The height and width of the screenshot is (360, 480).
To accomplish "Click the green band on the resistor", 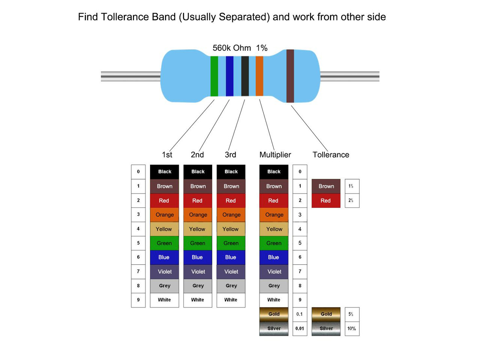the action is (x=214, y=76).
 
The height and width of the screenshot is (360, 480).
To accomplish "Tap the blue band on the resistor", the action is (x=229, y=76).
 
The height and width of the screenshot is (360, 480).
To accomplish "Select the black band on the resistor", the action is (x=245, y=76).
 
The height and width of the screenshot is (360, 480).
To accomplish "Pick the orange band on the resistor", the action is (x=259, y=76).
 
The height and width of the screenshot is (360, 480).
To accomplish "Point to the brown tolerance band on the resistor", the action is (x=290, y=76).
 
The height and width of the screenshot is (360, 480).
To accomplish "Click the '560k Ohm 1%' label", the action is (x=240, y=48).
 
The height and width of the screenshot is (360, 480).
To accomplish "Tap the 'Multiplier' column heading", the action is (x=275, y=154).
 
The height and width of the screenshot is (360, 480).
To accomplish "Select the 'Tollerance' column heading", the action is (x=331, y=154).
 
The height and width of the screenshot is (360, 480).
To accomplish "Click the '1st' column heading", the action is (x=167, y=154).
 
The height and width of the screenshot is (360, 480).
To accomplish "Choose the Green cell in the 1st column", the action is (x=165, y=243).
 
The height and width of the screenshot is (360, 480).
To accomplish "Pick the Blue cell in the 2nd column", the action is (x=198, y=257).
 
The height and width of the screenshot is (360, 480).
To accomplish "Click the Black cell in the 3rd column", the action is (x=231, y=172).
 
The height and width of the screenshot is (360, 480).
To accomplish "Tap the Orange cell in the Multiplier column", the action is (x=274, y=214).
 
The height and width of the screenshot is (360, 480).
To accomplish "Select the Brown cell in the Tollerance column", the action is (x=326, y=186).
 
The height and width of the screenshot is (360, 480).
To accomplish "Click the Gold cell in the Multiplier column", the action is (x=274, y=314).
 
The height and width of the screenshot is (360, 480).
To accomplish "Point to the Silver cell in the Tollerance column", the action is (x=326, y=328).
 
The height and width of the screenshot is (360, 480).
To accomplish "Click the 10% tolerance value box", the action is (x=352, y=328).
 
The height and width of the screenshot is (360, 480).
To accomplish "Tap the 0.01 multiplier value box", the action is (x=300, y=328).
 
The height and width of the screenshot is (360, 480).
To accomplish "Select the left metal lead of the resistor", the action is (x=131, y=76).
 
